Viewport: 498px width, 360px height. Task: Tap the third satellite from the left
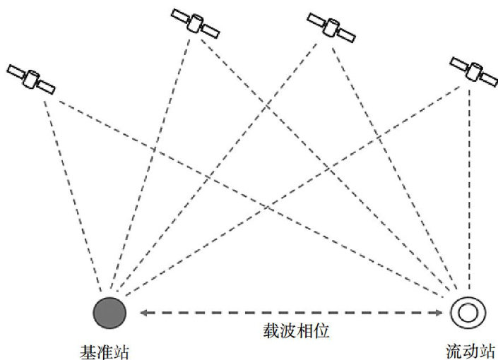click(x=329, y=26)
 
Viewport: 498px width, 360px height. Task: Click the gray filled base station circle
click(x=109, y=311)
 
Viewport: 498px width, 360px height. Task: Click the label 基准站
click(x=106, y=349)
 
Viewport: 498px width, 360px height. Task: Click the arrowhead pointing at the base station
click(x=141, y=312)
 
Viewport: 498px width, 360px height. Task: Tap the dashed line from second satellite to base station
click(x=152, y=162)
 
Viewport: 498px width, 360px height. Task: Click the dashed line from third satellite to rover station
click(x=396, y=162)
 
